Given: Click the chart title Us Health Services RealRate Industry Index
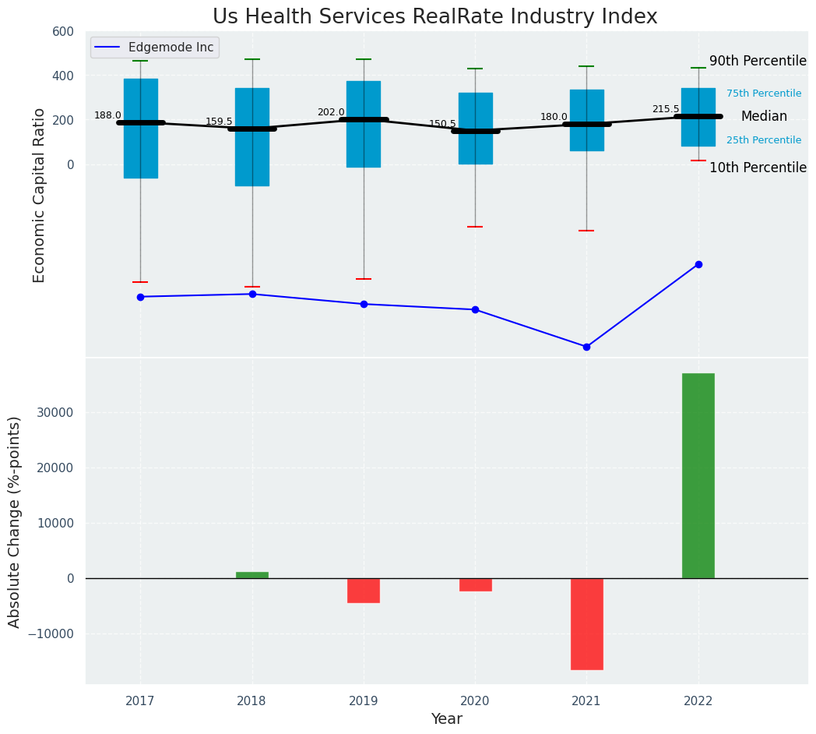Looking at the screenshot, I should coord(434,17).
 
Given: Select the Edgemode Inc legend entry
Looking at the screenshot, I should coord(155,48).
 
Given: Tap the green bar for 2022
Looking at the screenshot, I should coord(698,475).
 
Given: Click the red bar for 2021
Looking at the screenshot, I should coord(586,623).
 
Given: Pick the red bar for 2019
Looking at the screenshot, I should coord(364,590).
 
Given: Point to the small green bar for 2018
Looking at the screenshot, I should coord(252,575).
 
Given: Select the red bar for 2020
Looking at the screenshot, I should coord(475,584).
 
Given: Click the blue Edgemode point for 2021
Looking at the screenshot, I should coord(586,347).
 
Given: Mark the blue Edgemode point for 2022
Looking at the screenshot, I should coord(698,264).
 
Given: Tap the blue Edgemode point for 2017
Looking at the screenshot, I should coord(140,297).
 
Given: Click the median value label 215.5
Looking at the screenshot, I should coord(666,109).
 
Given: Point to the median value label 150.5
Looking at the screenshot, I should coord(442,124).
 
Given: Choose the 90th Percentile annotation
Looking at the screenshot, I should coord(758,61).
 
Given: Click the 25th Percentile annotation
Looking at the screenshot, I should coord(764,140).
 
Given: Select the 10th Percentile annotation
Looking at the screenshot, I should coord(758,168).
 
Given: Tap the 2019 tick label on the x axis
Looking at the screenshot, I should coord(364,701).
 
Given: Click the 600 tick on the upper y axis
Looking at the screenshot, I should coord(63,31).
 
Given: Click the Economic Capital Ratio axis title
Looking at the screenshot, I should coord(40,195).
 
